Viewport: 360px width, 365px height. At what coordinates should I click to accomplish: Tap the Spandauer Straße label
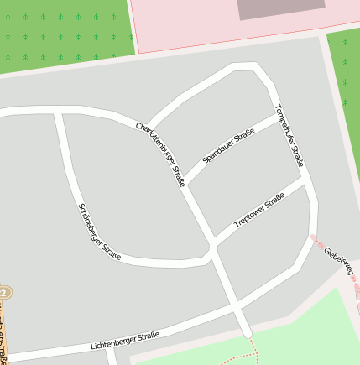pos(228,145)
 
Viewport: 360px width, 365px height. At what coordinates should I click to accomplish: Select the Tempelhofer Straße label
pos(288,135)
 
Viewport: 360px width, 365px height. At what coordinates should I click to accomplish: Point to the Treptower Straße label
pos(259,209)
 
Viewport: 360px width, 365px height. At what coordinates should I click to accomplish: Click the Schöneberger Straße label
pos(99,232)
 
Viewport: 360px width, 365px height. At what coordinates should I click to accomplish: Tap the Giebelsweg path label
pos(339,260)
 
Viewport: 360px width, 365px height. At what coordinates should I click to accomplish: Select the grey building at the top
pos(280,8)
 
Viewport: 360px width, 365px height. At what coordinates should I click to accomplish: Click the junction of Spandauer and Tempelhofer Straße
pos(277,116)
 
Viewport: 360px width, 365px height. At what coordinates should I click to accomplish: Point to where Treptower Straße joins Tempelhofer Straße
pos(304,178)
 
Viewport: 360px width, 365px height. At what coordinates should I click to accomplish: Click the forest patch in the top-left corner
pos(63,34)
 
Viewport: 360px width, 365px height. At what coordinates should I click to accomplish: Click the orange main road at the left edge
pos(6,336)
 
